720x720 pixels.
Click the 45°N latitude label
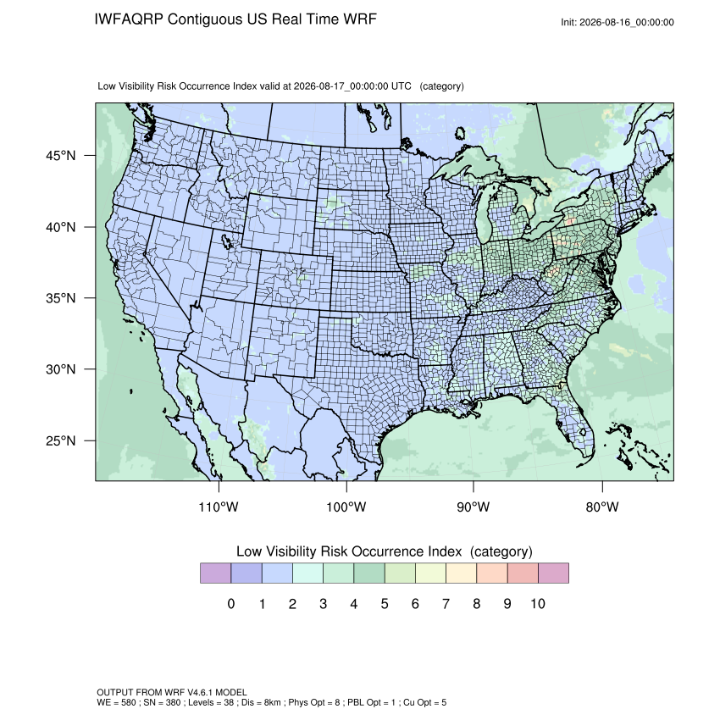click(60, 156)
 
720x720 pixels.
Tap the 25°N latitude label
click(60, 440)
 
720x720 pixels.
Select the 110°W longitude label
click(219, 507)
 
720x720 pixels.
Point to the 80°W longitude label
click(602, 507)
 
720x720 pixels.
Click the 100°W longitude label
click(346, 507)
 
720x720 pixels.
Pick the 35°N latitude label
click(60, 298)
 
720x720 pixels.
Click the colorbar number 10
click(538, 604)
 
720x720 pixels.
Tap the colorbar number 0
click(231, 604)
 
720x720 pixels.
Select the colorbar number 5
click(385, 604)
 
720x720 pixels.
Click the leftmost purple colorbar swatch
click(215, 573)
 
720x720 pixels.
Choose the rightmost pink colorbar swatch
click(553, 573)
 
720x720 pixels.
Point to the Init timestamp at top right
click(618, 23)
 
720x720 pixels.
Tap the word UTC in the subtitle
click(402, 86)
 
